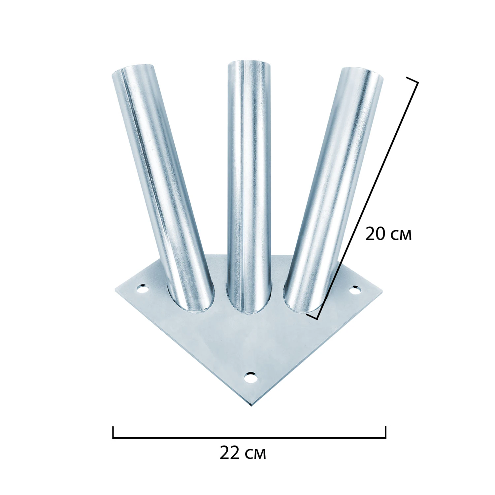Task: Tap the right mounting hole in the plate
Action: coord(355,290)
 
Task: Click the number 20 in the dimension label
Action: coord(375,234)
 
